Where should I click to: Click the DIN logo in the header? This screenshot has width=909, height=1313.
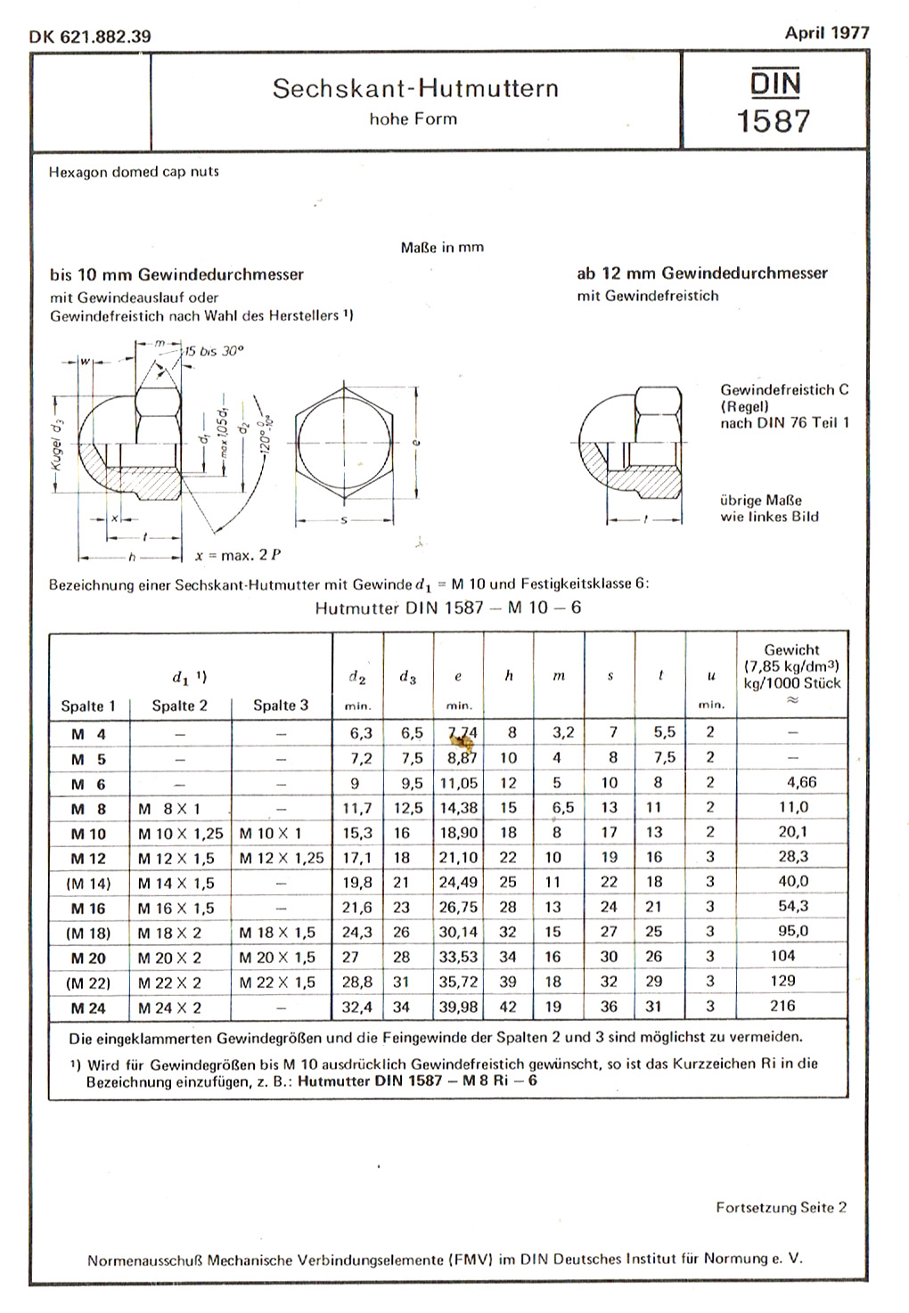coord(774,83)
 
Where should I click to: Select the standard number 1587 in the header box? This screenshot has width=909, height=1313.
coord(774,120)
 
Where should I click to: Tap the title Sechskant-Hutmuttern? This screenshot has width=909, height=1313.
coord(415,88)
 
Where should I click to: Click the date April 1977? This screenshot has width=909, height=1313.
coord(826,32)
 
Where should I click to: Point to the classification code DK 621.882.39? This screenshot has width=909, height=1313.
coord(90,37)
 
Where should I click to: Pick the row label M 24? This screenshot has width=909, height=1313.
coord(89,1008)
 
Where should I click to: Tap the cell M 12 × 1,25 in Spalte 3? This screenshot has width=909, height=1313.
coord(282,858)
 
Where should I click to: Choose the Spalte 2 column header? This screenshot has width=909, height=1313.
coord(179,705)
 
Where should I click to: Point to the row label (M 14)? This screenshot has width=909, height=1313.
coord(88,883)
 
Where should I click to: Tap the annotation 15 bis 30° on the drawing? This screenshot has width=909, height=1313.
coord(213,351)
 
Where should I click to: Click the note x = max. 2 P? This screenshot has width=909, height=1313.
coord(238,555)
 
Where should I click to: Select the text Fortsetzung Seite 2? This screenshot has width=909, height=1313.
coord(781,1207)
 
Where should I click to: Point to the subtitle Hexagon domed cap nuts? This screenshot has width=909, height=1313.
coord(134,171)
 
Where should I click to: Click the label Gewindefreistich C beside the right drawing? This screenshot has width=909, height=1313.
coord(783,389)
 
